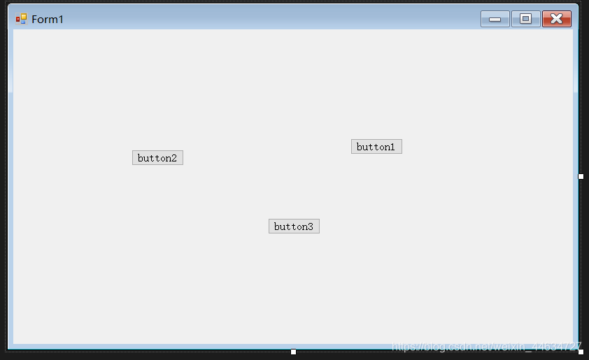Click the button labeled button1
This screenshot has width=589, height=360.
point(376,147)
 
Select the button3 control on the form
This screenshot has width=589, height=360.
point(294,226)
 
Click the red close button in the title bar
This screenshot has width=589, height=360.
point(557,19)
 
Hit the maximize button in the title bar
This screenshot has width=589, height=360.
point(525,19)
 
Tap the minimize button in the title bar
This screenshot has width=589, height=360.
point(495,19)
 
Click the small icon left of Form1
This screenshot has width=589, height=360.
point(21,19)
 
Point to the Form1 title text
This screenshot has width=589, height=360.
point(48,19)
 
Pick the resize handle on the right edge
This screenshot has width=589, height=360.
point(581,176)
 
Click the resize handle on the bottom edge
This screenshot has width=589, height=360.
point(293,352)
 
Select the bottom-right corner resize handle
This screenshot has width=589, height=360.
point(581,352)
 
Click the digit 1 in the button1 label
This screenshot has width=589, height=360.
point(392,147)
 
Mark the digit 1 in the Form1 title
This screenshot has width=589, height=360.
point(60,19)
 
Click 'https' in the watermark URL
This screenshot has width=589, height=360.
point(404,347)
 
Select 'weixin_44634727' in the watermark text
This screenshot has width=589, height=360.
point(538,347)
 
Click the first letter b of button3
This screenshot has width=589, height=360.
point(277,226)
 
